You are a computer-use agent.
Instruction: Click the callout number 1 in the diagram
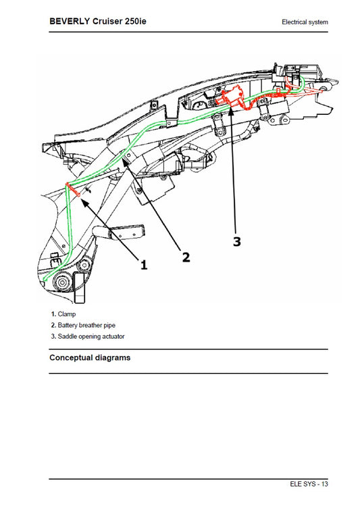[143, 265]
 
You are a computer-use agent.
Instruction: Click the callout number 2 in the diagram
[185, 256]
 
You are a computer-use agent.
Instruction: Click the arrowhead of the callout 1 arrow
[81, 195]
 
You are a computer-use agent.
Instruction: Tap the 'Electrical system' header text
[305, 22]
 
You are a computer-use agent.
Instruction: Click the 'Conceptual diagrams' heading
[90, 358]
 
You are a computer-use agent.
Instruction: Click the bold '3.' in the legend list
[53, 336]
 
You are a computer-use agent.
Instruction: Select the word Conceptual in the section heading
[72, 358]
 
